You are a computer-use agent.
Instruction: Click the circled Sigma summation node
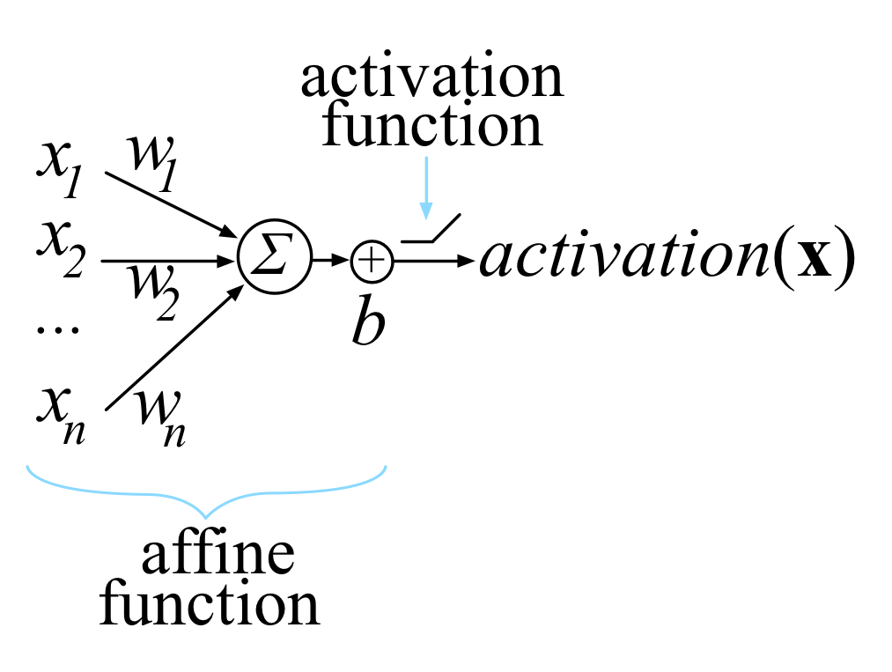(x=274, y=261)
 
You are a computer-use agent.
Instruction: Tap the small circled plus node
(x=371, y=261)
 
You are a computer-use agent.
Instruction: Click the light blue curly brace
(x=208, y=492)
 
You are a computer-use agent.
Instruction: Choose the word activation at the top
(x=431, y=78)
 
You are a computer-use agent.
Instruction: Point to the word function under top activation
(x=431, y=127)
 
